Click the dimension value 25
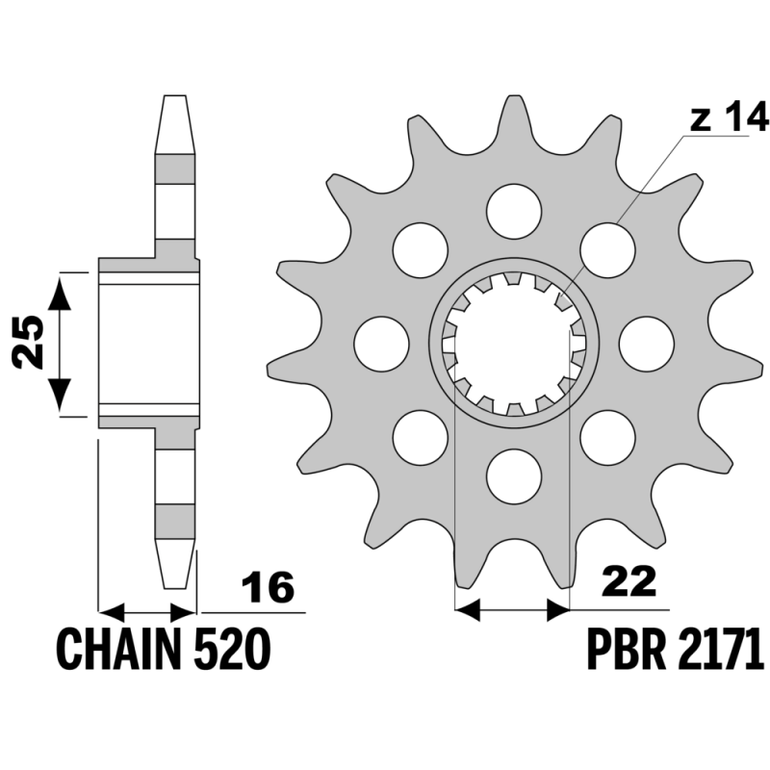click(x=28, y=343)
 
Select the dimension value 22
click(x=631, y=581)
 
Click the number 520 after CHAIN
click(x=233, y=649)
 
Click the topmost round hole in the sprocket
click(x=514, y=212)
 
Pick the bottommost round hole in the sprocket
click(x=514, y=475)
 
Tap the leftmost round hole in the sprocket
click(x=381, y=344)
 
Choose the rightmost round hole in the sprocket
click(x=646, y=344)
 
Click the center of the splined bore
click(x=514, y=344)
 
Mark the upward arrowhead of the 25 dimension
click(x=60, y=293)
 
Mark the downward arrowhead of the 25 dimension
click(x=60, y=395)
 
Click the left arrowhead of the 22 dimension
click(x=468, y=609)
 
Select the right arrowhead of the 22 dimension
click(x=558, y=609)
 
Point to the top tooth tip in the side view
click(x=175, y=95)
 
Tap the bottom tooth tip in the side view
click(x=175, y=587)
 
